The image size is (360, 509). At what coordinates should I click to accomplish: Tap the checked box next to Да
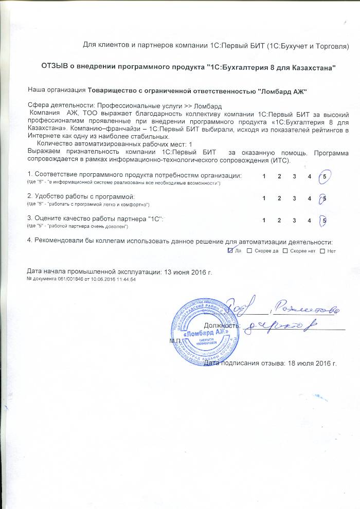click(230, 251)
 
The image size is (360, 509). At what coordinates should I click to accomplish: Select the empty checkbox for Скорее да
click(249, 251)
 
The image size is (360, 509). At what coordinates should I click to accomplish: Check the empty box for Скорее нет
click(286, 251)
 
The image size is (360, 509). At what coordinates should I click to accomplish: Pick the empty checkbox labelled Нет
click(322, 251)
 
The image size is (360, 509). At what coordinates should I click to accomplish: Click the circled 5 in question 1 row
click(324, 177)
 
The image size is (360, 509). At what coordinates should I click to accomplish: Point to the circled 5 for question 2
click(324, 198)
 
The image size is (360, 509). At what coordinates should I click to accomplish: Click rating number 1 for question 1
click(264, 177)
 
